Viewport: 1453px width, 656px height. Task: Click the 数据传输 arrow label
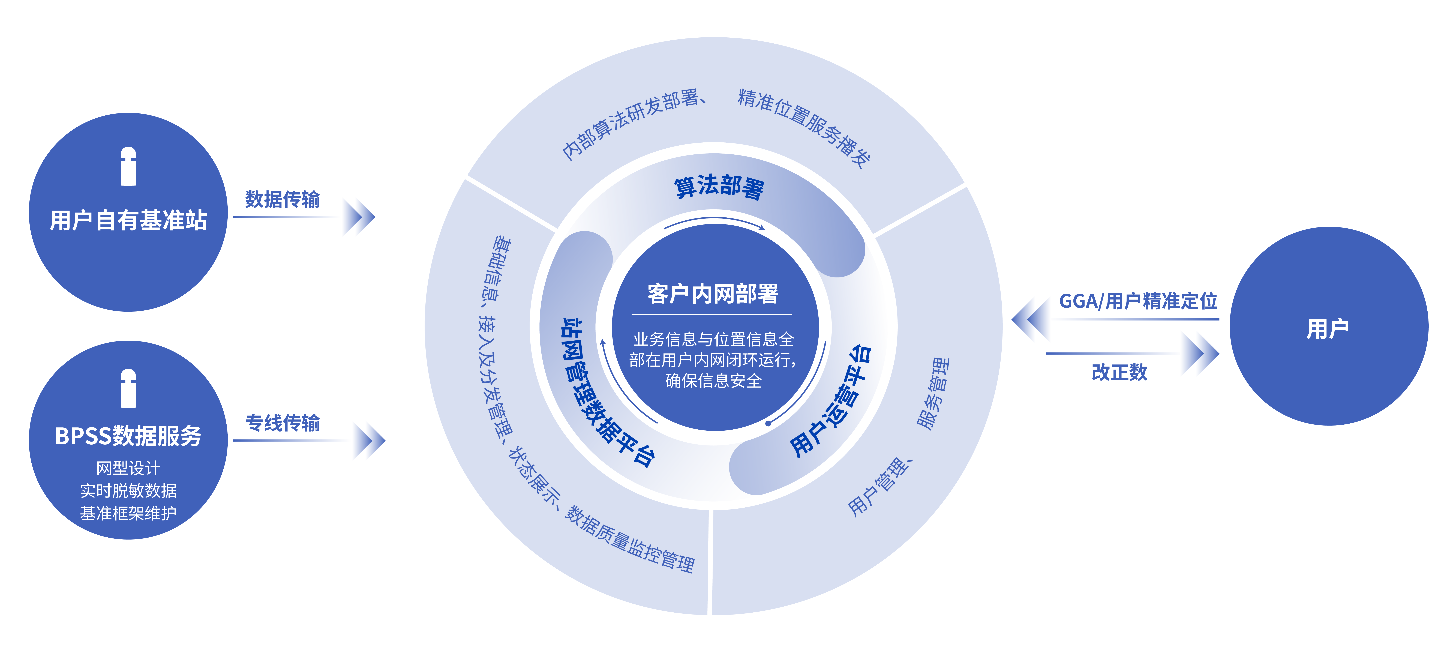(283, 199)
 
